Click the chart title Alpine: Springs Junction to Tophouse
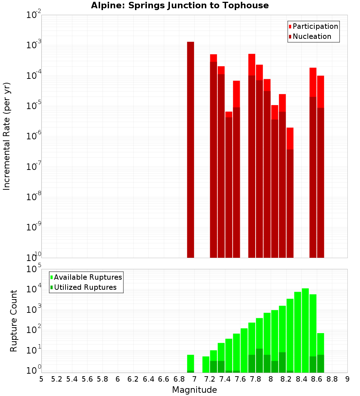point(180,5)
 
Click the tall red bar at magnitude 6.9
point(191,149)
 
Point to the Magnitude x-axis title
point(194,390)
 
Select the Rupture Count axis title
point(14,320)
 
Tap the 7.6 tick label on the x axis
point(240,379)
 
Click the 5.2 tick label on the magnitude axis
point(57,379)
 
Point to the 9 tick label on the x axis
point(347,379)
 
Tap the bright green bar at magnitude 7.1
point(206,364)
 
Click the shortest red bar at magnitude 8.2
point(290,193)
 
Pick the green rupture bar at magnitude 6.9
point(191,363)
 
